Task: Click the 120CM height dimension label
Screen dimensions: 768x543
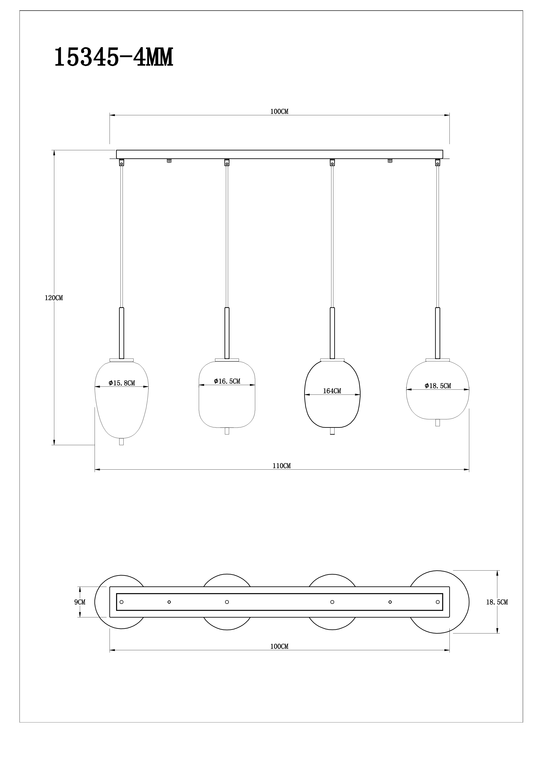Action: tap(54, 298)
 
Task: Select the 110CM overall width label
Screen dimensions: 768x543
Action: tap(281, 466)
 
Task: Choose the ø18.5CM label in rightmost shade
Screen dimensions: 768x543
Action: tap(438, 386)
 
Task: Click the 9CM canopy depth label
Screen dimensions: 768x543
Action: tap(80, 602)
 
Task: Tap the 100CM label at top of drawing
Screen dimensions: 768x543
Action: tap(279, 112)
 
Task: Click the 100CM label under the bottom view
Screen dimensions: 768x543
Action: tap(279, 646)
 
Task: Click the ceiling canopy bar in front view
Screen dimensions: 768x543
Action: tap(279, 154)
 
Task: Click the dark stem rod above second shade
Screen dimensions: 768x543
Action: tap(227, 333)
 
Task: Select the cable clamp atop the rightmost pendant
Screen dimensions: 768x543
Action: tap(437, 163)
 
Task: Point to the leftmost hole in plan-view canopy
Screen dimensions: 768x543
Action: tap(121, 602)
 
